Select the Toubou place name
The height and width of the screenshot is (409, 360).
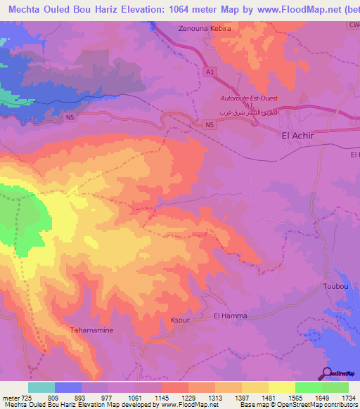pos(335,287)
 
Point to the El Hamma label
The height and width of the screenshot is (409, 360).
pos(230,316)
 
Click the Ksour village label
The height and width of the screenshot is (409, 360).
pos(180,320)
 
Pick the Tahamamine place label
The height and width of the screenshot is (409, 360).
pos(92,330)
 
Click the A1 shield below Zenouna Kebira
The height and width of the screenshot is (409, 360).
pos(210,72)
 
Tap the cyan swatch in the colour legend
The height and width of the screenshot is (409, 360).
pos(41,387)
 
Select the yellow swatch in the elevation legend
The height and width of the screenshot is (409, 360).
pos(281,387)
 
